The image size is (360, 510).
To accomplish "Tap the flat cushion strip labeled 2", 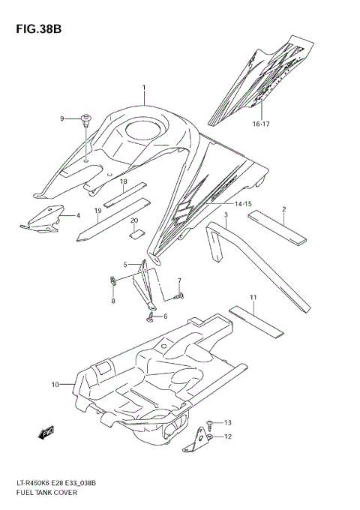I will [x=277, y=228].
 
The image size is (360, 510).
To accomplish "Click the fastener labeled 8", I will [x=112, y=284].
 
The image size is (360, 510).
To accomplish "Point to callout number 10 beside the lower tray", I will [x=55, y=385].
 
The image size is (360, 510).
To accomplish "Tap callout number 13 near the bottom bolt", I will [x=227, y=422].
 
